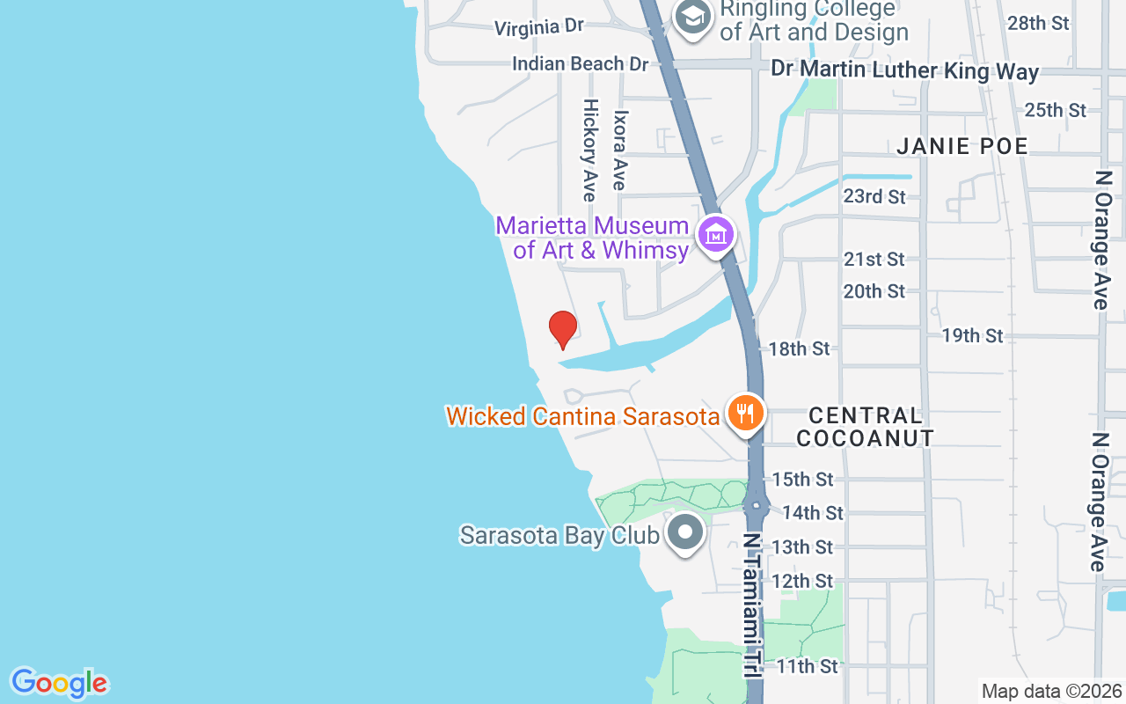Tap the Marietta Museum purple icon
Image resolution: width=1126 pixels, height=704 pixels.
pos(716,235)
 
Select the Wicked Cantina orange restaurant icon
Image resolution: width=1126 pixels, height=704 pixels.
pos(745,413)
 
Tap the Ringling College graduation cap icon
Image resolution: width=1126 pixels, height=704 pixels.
pos(693,17)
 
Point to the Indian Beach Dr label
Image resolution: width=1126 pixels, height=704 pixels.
pos(580,64)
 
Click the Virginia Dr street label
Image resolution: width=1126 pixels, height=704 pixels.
pos(538,27)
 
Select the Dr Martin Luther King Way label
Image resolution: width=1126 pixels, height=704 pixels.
pos(904,70)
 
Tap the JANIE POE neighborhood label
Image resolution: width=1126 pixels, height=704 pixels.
pos(962,146)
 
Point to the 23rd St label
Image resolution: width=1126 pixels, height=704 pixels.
pos(874,196)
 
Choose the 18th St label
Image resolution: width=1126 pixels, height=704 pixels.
pos(799,348)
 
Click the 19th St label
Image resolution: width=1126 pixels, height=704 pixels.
pos(972,335)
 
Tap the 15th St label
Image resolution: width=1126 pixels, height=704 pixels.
pos(802,480)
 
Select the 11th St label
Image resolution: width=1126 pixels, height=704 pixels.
pos(807,666)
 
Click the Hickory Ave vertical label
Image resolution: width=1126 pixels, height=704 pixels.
pos(589,150)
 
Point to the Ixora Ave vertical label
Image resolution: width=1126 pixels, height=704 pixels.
pos(620,150)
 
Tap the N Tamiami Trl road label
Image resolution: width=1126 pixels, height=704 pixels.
pos(751,605)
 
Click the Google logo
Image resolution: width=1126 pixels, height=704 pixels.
pos(59,683)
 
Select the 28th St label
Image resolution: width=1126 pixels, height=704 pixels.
pos(1038,23)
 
